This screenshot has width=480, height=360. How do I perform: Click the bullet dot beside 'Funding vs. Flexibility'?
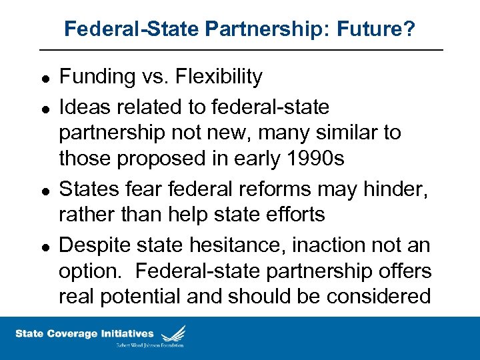coord(43,78)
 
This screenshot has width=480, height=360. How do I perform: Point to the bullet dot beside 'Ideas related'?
coord(43,108)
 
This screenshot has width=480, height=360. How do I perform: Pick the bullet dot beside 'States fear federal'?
coord(43,191)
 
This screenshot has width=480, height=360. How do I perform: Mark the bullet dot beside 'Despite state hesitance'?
coord(43,247)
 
